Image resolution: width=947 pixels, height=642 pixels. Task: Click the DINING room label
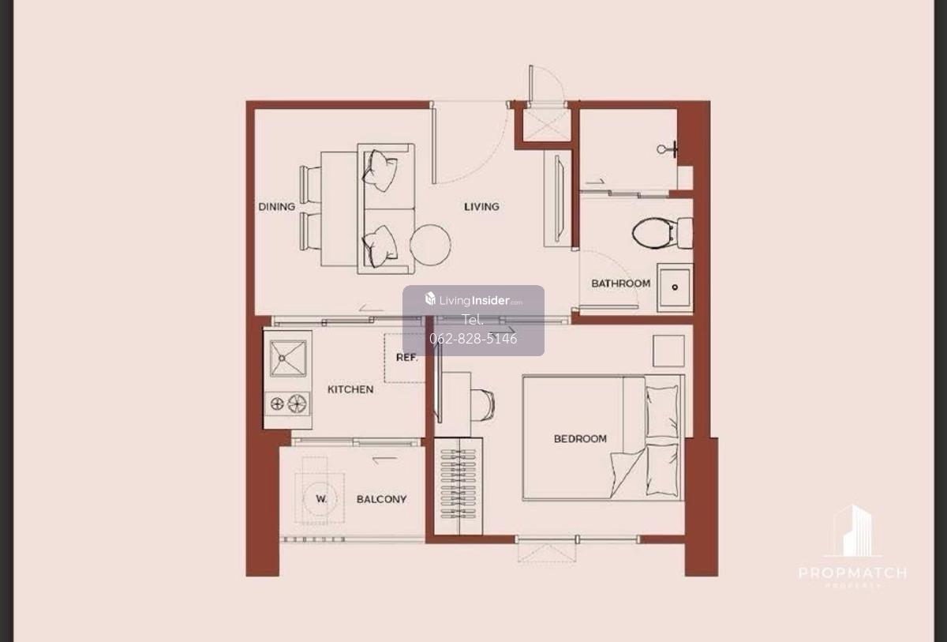pos(276,207)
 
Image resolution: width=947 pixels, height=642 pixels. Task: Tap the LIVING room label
pos(481,207)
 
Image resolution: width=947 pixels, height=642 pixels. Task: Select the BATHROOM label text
pos(620,283)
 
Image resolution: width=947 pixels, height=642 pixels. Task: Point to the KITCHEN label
pos(350,389)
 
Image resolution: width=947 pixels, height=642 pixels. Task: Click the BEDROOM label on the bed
pos(580,439)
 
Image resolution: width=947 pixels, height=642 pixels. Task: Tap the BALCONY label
pos(381,500)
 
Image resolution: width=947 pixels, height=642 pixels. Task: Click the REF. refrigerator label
pos(406,358)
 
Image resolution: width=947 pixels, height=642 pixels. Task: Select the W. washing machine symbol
pos(320,498)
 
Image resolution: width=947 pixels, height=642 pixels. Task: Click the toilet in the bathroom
pos(662,233)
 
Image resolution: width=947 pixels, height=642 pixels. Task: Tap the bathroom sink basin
pos(675,287)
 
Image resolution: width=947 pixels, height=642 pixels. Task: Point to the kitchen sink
pos(288,359)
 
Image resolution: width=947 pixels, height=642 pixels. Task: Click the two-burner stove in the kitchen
pos(287,404)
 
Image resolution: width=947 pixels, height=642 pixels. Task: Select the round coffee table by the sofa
pos(430,245)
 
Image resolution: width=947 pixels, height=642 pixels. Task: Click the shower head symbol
pos(667,149)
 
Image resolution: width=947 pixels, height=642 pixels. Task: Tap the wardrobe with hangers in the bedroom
pos(459,486)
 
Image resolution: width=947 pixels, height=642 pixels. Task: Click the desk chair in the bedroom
pos(482,405)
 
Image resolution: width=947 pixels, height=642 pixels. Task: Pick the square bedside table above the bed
pos(668,351)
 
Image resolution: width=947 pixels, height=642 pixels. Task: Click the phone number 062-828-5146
pos(473,338)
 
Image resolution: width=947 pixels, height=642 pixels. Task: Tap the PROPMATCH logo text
pos(852,573)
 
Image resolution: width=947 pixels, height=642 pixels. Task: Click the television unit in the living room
pos(558,199)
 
